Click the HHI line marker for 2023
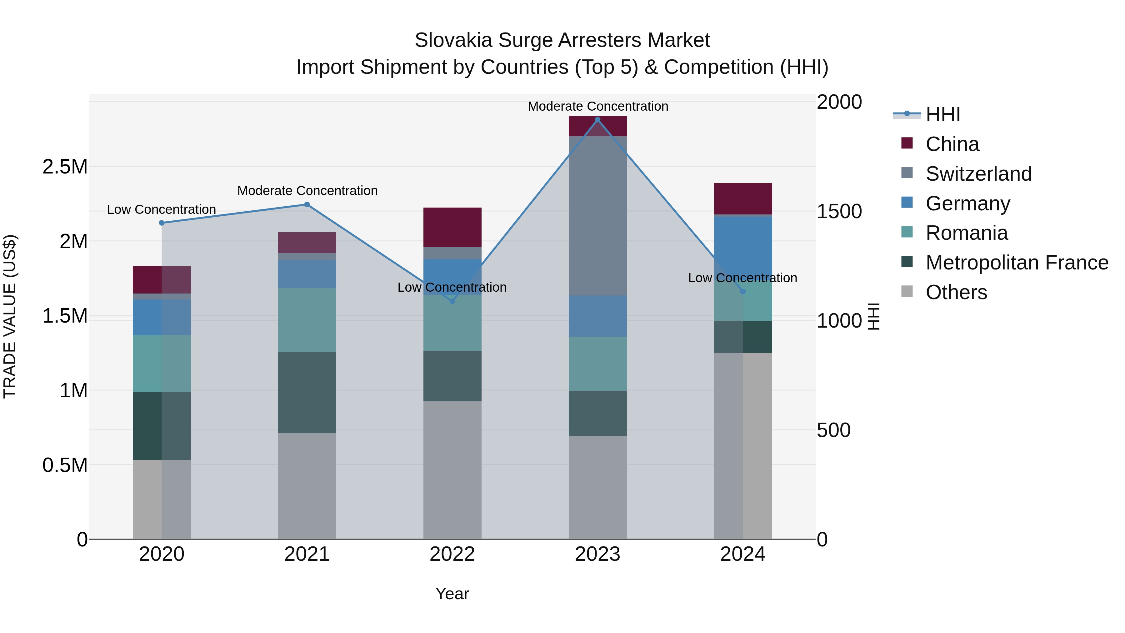coord(597,120)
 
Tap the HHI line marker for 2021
coord(307,204)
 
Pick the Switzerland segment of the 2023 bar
coord(597,216)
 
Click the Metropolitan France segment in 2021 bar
coord(307,392)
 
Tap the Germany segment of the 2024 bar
coord(743,245)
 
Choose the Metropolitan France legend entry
coord(1017,263)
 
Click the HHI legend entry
coord(942,114)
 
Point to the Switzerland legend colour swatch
coord(907,173)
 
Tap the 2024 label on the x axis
coord(742,554)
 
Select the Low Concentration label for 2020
coord(162,210)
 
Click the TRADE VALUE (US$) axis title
coord(10,316)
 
